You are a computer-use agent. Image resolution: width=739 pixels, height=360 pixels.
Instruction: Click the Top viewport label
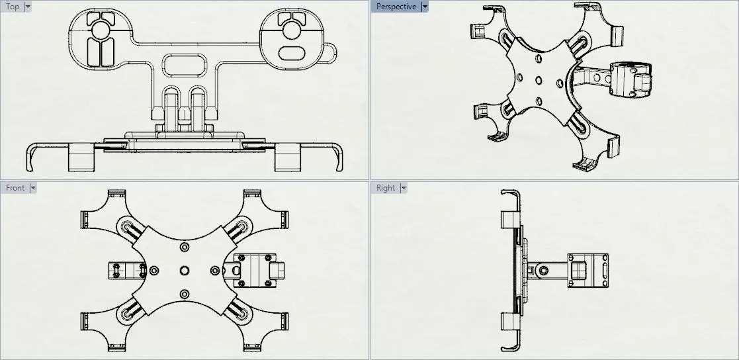point(13,7)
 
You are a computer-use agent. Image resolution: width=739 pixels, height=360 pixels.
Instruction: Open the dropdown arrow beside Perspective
point(425,7)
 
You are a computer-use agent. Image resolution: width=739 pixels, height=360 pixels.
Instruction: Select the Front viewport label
point(15,188)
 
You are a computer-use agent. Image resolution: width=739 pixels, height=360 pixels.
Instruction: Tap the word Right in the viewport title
point(386,188)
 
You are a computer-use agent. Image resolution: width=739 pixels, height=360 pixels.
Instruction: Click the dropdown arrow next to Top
point(28,7)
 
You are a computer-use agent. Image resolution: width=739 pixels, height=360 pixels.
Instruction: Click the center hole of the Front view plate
point(184,270)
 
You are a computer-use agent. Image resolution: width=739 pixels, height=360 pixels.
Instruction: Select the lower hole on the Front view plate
point(184,294)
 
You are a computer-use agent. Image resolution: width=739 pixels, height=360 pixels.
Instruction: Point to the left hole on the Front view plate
point(154,270)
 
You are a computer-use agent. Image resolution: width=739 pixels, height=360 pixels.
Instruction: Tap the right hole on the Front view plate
point(214,270)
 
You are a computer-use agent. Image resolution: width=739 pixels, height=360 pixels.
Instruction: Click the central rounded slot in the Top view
point(184,65)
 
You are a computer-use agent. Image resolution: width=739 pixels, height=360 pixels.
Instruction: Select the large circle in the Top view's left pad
point(101,30)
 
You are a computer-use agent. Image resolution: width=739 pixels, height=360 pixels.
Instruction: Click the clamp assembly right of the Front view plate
point(255,270)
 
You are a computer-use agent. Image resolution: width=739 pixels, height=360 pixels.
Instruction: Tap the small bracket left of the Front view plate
point(126,270)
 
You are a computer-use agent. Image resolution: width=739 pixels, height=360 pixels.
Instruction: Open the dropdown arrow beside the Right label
point(402,188)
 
